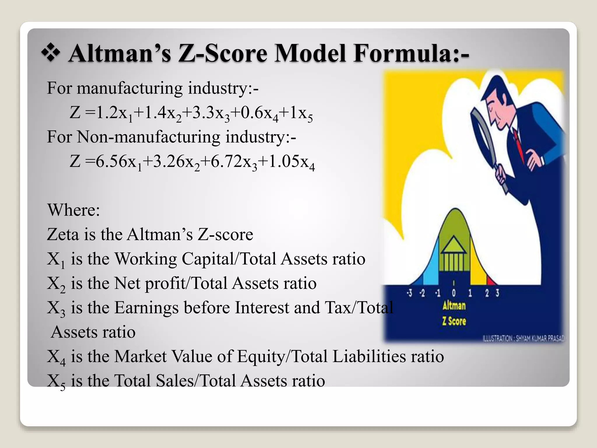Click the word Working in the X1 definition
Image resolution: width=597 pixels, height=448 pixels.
145,259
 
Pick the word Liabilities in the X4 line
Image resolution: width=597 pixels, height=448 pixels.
369,356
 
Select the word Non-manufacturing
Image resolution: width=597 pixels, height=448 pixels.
149,137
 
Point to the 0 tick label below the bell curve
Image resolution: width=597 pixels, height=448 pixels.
454,293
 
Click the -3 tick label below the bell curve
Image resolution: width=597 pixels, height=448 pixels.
410,293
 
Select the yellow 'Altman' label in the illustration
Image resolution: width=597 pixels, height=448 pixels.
454,306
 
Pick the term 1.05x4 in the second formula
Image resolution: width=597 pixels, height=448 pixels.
291,162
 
